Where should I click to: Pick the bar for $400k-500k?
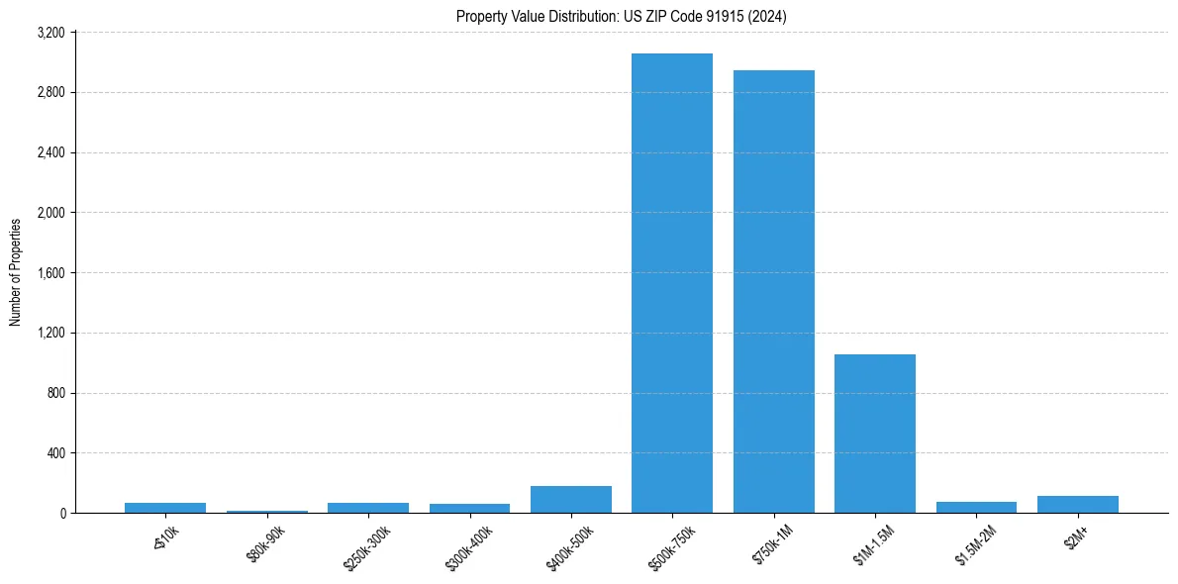(570, 500)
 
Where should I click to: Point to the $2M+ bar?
(1077, 505)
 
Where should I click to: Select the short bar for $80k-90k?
(266, 512)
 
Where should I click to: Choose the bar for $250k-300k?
(367, 508)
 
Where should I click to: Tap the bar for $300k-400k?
(469, 509)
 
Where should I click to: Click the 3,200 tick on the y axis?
(50, 33)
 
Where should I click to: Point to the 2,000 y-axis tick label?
(50, 213)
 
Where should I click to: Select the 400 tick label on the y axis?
(56, 453)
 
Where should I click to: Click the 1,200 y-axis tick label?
(50, 333)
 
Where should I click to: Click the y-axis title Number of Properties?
(16, 272)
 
